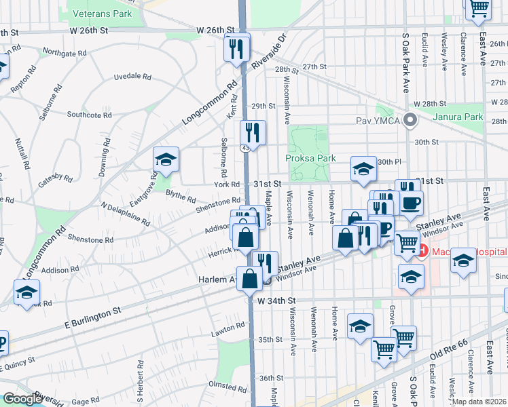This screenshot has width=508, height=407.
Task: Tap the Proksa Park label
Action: coord(311,158)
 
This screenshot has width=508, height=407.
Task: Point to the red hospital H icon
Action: coord(422,252)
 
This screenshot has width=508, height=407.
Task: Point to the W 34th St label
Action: coord(276,300)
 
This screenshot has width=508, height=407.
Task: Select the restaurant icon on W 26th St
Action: coord(237,47)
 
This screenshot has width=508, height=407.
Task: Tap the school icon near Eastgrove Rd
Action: coord(166,159)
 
